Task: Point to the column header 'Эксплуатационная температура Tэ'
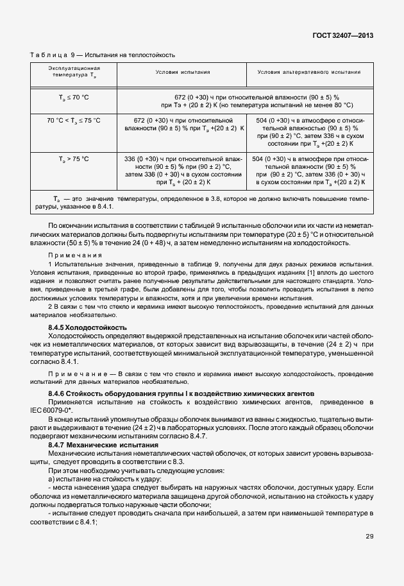point(74,72)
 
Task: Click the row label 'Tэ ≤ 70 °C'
point(74,97)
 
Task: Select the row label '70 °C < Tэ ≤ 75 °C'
point(74,120)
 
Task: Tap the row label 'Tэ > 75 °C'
point(74,159)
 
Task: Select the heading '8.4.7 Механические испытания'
point(103,445)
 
